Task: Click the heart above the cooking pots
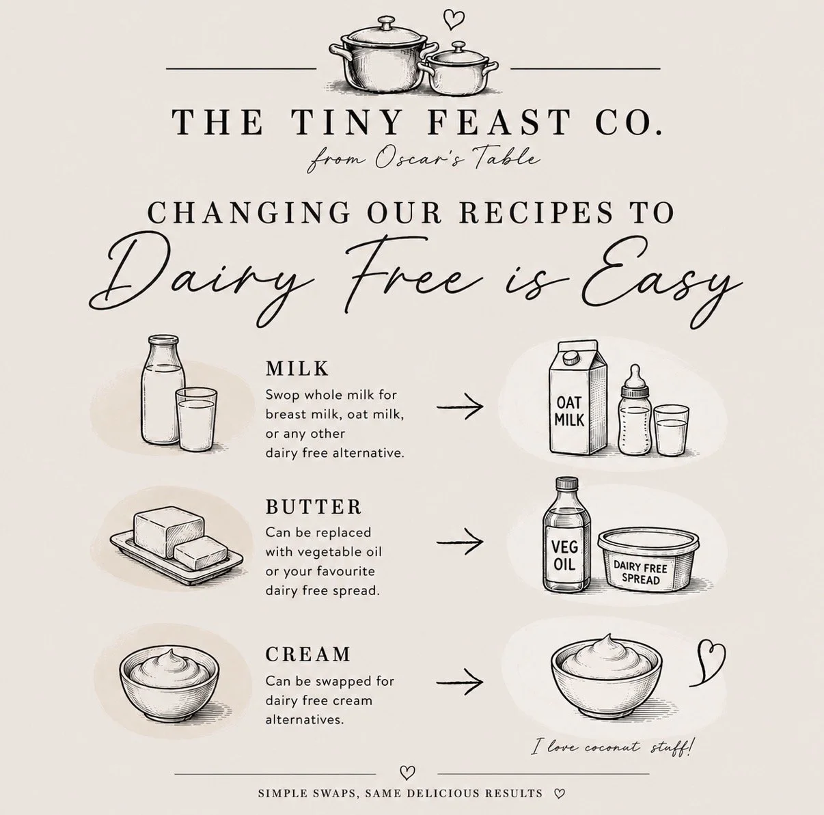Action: [453, 19]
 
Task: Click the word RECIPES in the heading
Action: [536, 212]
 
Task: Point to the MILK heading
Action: [297, 368]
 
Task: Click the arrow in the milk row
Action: [460, 406]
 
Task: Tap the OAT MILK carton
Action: [577, 398]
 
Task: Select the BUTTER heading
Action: [314, 507]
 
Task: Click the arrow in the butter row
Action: [460, 542]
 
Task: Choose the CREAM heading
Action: [308, 654]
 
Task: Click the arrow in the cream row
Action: [460, 682]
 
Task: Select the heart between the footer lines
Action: [407, 772]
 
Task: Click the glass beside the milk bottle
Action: [196, 419]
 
